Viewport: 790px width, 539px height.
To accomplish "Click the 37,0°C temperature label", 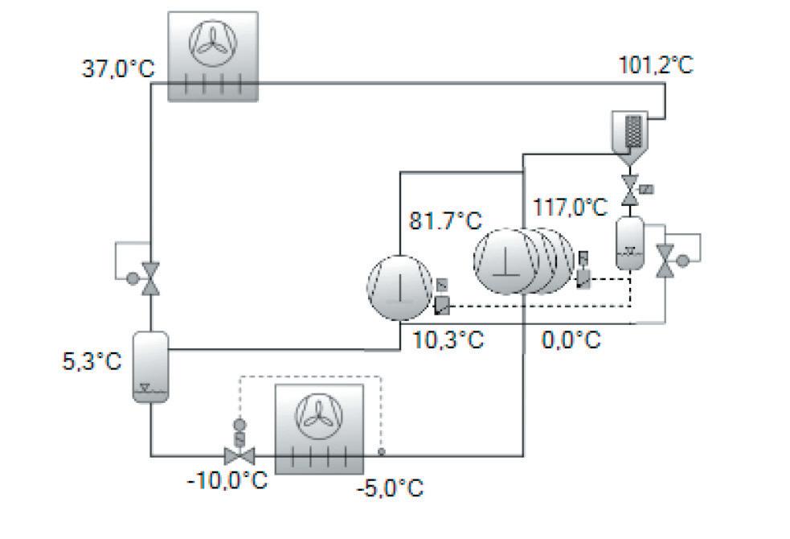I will click(118, 68).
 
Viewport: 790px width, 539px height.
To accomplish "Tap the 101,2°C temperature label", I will click(655, 64).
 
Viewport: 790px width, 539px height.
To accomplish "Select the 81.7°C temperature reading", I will click(445, 220).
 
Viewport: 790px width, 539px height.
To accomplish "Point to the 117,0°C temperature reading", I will click(571, 208).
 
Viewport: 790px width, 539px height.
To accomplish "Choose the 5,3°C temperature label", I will click(92, 360).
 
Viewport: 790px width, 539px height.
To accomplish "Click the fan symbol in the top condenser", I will click(213, 44).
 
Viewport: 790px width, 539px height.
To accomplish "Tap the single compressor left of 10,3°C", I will click(399, 284).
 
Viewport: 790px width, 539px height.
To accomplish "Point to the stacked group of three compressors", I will click(518, 259).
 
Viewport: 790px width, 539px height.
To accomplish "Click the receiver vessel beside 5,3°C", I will click(150, 367).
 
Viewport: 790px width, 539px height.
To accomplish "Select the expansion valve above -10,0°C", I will click(239, 455).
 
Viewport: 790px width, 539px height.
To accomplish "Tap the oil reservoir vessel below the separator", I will click(628, 242).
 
